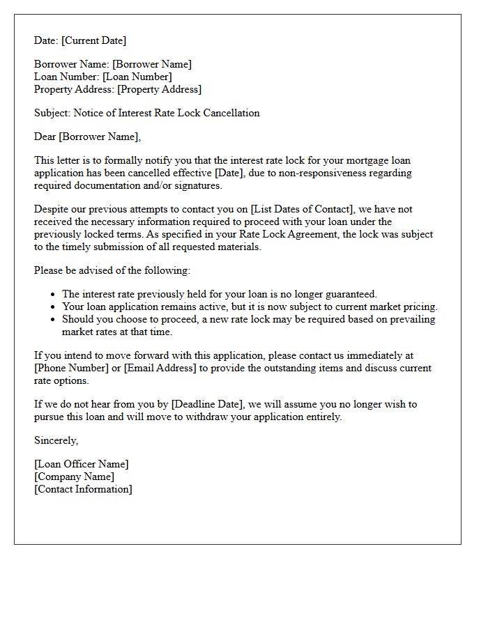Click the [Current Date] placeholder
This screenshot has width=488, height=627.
click(x=93, y=40)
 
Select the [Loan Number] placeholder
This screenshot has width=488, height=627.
click(x=138, y=77)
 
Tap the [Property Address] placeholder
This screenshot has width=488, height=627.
click(x=159, y=89)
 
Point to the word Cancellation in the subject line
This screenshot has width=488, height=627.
click(x=231, y=113)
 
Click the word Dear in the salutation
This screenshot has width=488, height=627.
click(x=45, y=137)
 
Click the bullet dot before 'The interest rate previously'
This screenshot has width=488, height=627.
click(x=53, y=295)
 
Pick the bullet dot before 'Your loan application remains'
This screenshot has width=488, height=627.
click(x=53, y=307)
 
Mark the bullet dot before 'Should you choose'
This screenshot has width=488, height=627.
click(x=53, y=320)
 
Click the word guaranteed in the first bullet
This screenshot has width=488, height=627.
click(x=351, y=294)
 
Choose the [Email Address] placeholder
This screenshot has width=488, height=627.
click(x=159, y=368)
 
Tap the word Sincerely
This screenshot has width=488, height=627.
click(x=56, y=440)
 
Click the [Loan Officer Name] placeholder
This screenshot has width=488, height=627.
click(x=82, y=464)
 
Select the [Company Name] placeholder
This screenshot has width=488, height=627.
click(x=74, y=477)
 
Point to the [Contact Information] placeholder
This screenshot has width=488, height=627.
click(x=83, y=489)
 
